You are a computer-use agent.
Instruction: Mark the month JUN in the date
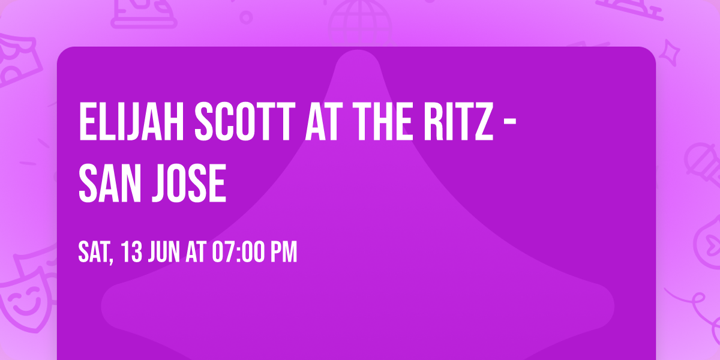pos(164,253)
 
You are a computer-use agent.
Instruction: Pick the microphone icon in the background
pos(700,162)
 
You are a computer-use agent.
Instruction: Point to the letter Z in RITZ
pos(482,122)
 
